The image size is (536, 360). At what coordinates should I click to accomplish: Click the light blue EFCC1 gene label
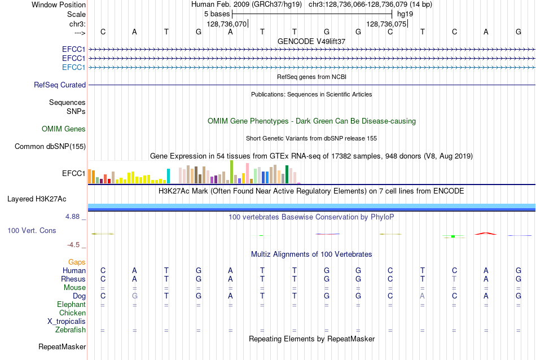73,67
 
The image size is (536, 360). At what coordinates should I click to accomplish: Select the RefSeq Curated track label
60,85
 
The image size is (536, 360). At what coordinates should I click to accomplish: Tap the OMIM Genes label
64,129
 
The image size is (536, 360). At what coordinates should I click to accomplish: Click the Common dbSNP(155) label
50,146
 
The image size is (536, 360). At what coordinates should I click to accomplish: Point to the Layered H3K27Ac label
37,199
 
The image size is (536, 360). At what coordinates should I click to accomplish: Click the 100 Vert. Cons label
32,230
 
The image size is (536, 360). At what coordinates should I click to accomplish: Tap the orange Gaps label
77,262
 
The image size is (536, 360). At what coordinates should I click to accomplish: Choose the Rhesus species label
73,279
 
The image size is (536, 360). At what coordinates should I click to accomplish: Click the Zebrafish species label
71,330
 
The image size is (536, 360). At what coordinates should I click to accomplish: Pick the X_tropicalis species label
67,322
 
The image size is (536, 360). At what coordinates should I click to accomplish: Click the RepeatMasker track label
62,346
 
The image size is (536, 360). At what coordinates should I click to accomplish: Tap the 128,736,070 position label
226,24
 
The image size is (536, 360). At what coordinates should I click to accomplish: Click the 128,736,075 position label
386,24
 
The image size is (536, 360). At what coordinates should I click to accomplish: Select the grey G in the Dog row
135,296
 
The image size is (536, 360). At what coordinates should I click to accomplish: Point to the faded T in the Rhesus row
454,279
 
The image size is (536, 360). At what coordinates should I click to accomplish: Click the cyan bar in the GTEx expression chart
168,176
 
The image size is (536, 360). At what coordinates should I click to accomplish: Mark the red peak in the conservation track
486,234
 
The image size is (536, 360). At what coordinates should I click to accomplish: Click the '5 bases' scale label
217,14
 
